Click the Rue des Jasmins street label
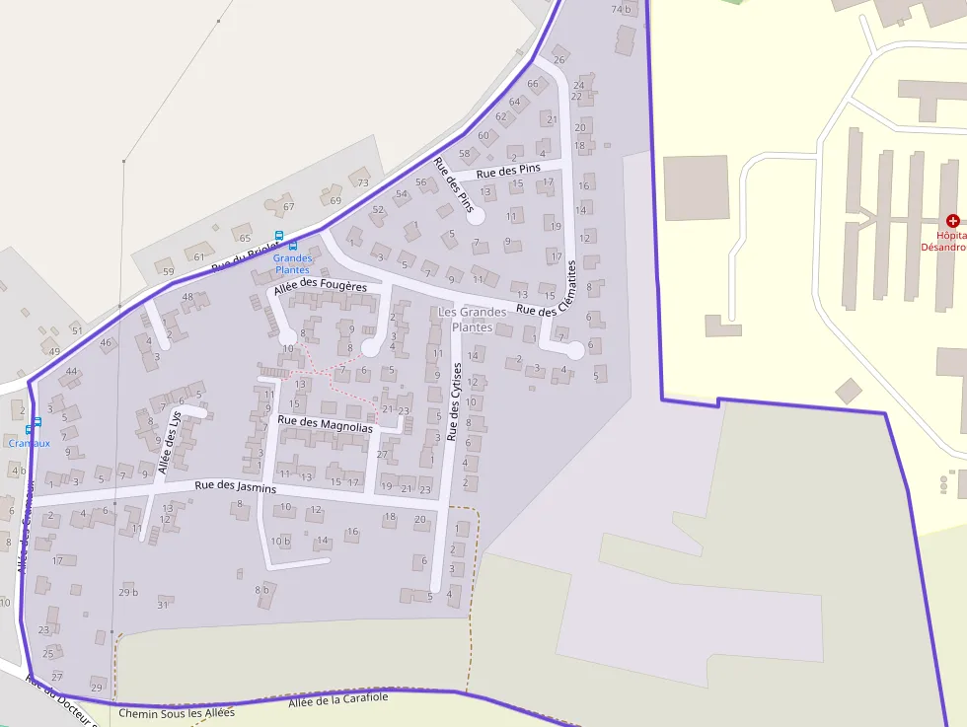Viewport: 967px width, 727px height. [x=235, y=486]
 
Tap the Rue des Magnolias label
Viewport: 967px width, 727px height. [x=326, y=424]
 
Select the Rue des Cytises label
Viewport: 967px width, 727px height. [x=455, y=401]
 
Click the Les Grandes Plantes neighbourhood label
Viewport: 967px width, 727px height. [x=472, y=319]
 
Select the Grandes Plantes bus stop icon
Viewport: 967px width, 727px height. [x=293, y=246]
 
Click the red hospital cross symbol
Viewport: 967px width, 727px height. [x=952, y=221]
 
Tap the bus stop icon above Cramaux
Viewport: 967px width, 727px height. [x=37, y=422]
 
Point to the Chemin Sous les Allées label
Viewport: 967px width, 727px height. [x=177, y=712]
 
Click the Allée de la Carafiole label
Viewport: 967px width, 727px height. [x=338, y=699]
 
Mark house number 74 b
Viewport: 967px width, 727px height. [x=621, y=9]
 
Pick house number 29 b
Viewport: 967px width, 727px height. [x=128, y=592]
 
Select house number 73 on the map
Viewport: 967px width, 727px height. [x=362, y=182]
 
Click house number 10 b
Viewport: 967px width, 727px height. [x=281, y=541]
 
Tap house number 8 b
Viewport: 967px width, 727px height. [x=261, y=590]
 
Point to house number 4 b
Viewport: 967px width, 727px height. [x=19, y=470]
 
